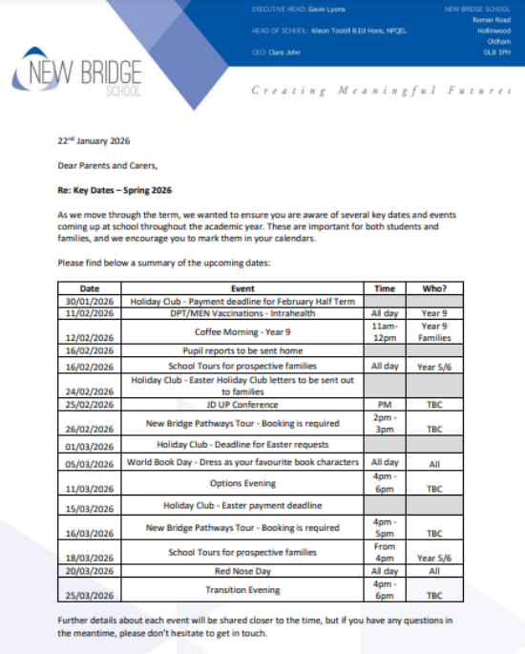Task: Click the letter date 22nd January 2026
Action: click(94, 140)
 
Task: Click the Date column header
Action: click(89, 287)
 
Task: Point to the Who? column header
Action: click(434, 287)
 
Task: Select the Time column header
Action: click(385, 287)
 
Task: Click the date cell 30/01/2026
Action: click(89, 300)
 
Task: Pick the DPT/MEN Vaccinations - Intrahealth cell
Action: click(243, 311)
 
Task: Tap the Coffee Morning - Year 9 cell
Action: click(243, 331)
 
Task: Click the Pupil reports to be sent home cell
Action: click(243, 350)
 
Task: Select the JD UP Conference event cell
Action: click(243, 405)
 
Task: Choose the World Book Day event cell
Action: click(243, 462)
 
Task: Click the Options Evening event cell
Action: click(243, 483)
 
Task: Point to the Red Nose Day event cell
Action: click(243, 570)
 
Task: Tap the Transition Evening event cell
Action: click(243, 589)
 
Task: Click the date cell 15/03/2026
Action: click(89, 507)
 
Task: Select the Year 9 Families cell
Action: click(434, 331)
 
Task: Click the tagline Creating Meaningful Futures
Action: click(381, 90)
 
